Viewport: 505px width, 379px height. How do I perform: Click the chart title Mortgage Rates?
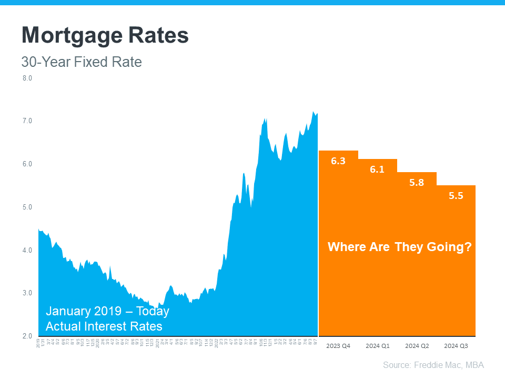105,36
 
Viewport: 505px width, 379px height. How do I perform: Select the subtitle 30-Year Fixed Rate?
82,62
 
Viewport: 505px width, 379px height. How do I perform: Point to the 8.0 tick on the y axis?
27,78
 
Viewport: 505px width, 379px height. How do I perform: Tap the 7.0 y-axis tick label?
27,121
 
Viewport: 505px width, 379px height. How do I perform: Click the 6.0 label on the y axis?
27,164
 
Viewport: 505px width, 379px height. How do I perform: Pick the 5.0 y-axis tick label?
27,207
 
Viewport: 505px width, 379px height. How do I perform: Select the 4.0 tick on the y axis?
27,250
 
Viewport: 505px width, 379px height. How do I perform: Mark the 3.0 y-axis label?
27,293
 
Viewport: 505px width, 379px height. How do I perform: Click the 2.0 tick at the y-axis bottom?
27,336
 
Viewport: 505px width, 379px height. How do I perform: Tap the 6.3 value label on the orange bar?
338,161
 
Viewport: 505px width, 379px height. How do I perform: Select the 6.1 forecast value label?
377,169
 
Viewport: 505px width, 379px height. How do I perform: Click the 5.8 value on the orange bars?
417,183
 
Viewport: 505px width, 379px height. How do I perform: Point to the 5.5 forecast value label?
456,196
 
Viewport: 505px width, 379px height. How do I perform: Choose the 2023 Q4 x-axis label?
338,346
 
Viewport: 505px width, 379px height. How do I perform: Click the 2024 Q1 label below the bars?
377,346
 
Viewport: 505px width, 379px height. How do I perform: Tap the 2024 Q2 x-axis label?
417,346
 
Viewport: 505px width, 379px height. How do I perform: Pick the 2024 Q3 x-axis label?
456,346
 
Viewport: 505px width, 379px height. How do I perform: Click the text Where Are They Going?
399,247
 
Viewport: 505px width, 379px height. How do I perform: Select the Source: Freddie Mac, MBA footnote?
433,365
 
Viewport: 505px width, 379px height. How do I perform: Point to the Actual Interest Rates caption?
104,326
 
